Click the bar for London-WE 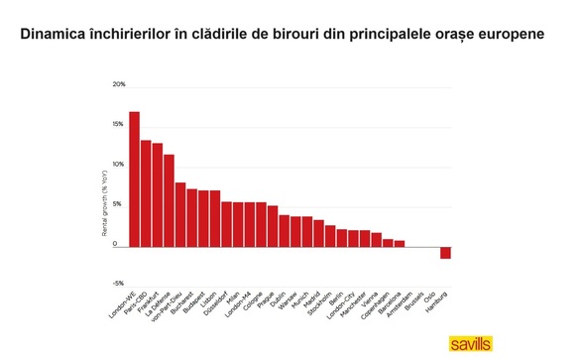(134, 179)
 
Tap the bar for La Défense (169, 199)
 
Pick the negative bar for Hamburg (445, 252)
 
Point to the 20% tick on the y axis (119, 84)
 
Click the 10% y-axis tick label (119, 164)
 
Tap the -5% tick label (119, 283)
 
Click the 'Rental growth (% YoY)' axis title (104, 203)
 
